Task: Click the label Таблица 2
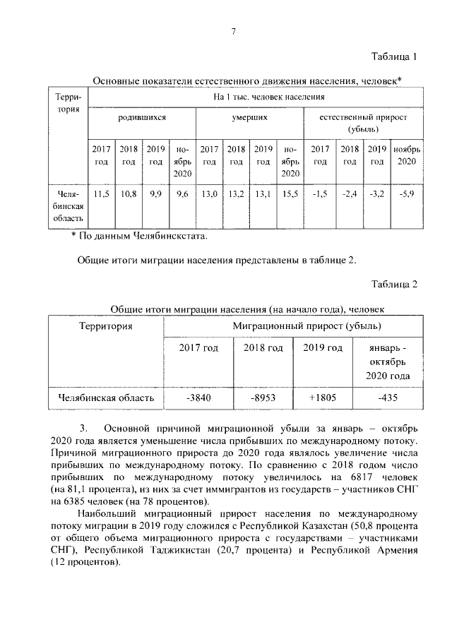click(x=395, y=285)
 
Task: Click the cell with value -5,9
click(x=406, y=193)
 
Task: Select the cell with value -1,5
click(x=320, y=193)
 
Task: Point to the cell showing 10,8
click(x=129, y=193)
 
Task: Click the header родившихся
click(x=142, y=117)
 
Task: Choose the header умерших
click(x=249, y=117)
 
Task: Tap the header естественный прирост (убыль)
click(x=363, y=123)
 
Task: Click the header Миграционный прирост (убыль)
click(x=307, y=326)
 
